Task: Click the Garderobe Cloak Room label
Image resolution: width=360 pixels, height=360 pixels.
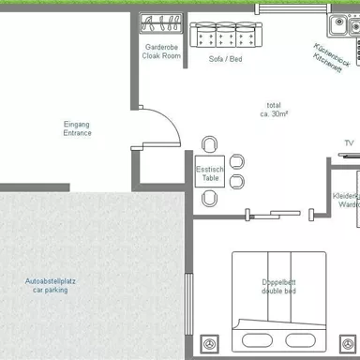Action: point(162,52)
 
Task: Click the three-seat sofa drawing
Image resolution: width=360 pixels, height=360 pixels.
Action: point(224,35)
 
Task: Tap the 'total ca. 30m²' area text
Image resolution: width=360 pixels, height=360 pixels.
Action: point(273,109)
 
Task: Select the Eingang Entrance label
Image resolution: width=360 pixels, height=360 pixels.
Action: point(77,129)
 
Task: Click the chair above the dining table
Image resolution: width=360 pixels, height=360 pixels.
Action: point(209,143)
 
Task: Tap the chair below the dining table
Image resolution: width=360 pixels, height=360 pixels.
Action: point(209,197)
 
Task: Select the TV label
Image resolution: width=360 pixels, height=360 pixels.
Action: point(349,143)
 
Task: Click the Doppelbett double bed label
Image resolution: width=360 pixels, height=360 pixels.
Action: point(278,287)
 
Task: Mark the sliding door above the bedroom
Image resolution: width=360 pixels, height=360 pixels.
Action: point(272,214)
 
